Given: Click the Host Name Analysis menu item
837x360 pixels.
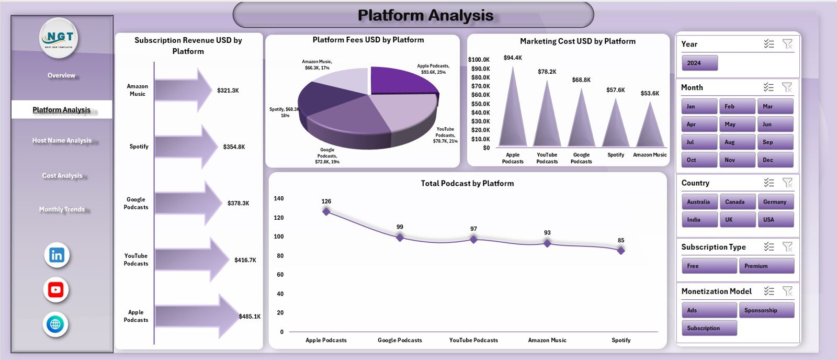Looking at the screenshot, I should click(x=62, y=140).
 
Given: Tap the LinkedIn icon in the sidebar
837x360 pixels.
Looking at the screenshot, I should click(x=56, y=255).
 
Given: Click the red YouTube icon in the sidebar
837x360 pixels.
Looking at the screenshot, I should click(x=56, y=289).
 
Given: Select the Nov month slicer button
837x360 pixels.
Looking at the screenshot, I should click(x=737, y=160).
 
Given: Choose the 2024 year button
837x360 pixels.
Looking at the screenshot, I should click(x=699, y=63).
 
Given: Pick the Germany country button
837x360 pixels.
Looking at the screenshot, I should click(x=775, y=202).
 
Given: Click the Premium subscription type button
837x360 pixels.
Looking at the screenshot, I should click(x=766, y=266).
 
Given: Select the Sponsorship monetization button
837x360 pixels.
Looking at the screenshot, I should click(x=766, y=310).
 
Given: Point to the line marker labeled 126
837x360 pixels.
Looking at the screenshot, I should click(x=326, y=211).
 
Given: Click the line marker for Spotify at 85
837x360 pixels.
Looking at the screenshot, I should click(x=620, y=251).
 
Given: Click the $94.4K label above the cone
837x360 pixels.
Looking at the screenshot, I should click(x=512, y=58).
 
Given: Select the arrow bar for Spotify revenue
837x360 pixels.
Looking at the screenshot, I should click(x=186, y=147).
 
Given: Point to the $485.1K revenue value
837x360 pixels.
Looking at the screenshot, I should click(x=249, y=317).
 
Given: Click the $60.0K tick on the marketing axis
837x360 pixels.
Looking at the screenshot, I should click(x=480, y=95).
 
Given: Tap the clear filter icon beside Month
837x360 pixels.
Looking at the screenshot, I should click(x=787, y=87).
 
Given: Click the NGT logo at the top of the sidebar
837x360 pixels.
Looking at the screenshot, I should click(x=59, y=38).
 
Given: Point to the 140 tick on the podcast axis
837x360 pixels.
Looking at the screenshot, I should click(x=278, y=198).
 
